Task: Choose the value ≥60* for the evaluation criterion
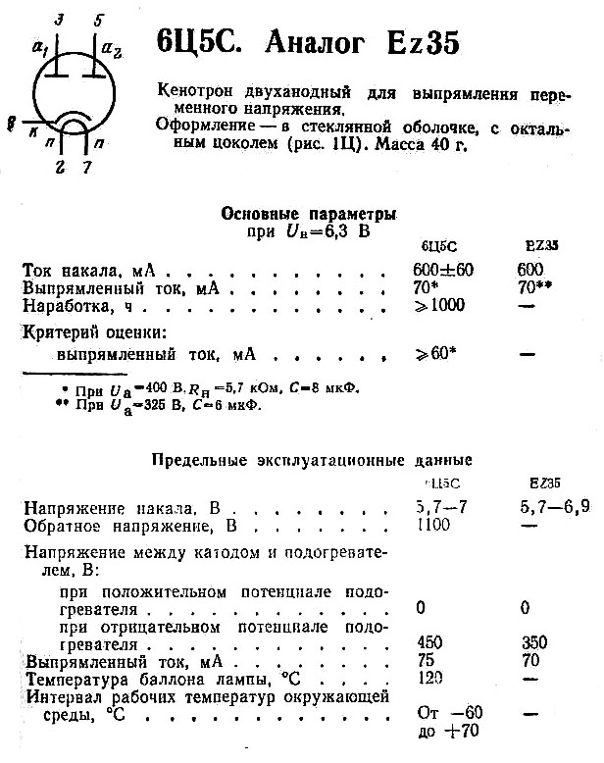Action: tap(436, 351)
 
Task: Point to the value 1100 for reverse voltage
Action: tap(434, 526)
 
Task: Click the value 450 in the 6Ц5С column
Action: tap(430, 643)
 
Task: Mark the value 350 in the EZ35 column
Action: tap(534, 643)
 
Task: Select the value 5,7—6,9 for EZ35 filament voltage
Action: tap(556, 508)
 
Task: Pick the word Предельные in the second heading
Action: tap(198, 459)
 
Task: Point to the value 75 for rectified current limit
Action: tap(427, 661)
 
